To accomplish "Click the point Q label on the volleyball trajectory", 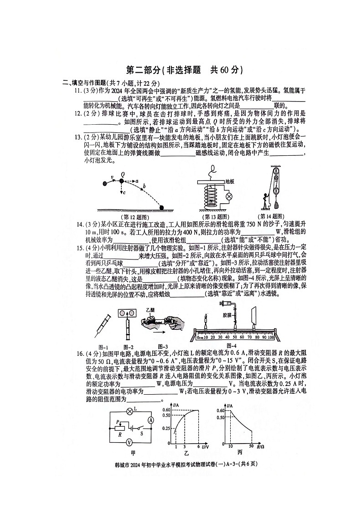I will (123, 174).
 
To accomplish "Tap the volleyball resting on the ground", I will (163, 208).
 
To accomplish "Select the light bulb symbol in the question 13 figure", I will (229, 197).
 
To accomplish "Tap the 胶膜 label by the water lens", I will (227, 315).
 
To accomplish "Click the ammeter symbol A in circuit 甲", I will (150, 419).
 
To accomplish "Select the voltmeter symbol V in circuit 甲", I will (129, 442).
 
